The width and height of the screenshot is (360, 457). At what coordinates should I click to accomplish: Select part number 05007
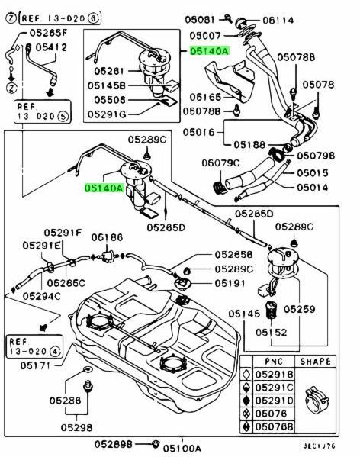click(x=205, y=35)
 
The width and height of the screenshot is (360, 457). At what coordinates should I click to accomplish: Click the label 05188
click(x=249, y=143)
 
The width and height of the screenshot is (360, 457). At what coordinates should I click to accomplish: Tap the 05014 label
click(x=312, y=187)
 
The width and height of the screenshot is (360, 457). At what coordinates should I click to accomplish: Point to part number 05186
click(x=107, y=238)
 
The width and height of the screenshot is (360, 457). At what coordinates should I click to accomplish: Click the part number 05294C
click(x=41, y=295)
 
